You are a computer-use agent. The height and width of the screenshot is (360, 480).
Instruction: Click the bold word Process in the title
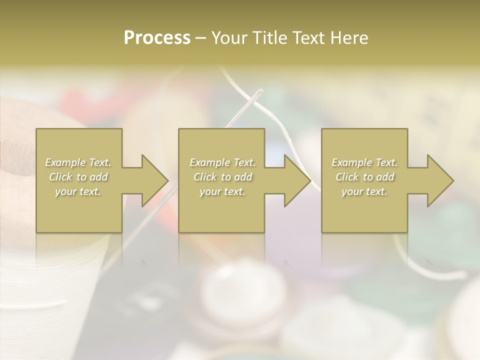pyautogui.click(x=157, y=38)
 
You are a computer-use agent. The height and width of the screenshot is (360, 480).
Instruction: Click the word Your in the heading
pyautogui.click(x=229, y=38)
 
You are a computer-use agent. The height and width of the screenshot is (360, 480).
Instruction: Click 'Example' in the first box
pyautogui.click(x=65, y=162)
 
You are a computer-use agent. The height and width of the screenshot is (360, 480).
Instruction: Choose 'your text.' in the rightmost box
pyautogui.click(x=364, y=191)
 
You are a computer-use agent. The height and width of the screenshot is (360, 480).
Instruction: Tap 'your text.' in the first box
pyautogui.click(x=78, y=191)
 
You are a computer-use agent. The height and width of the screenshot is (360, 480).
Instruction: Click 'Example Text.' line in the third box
pyautogui.click(x=364, y=162)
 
